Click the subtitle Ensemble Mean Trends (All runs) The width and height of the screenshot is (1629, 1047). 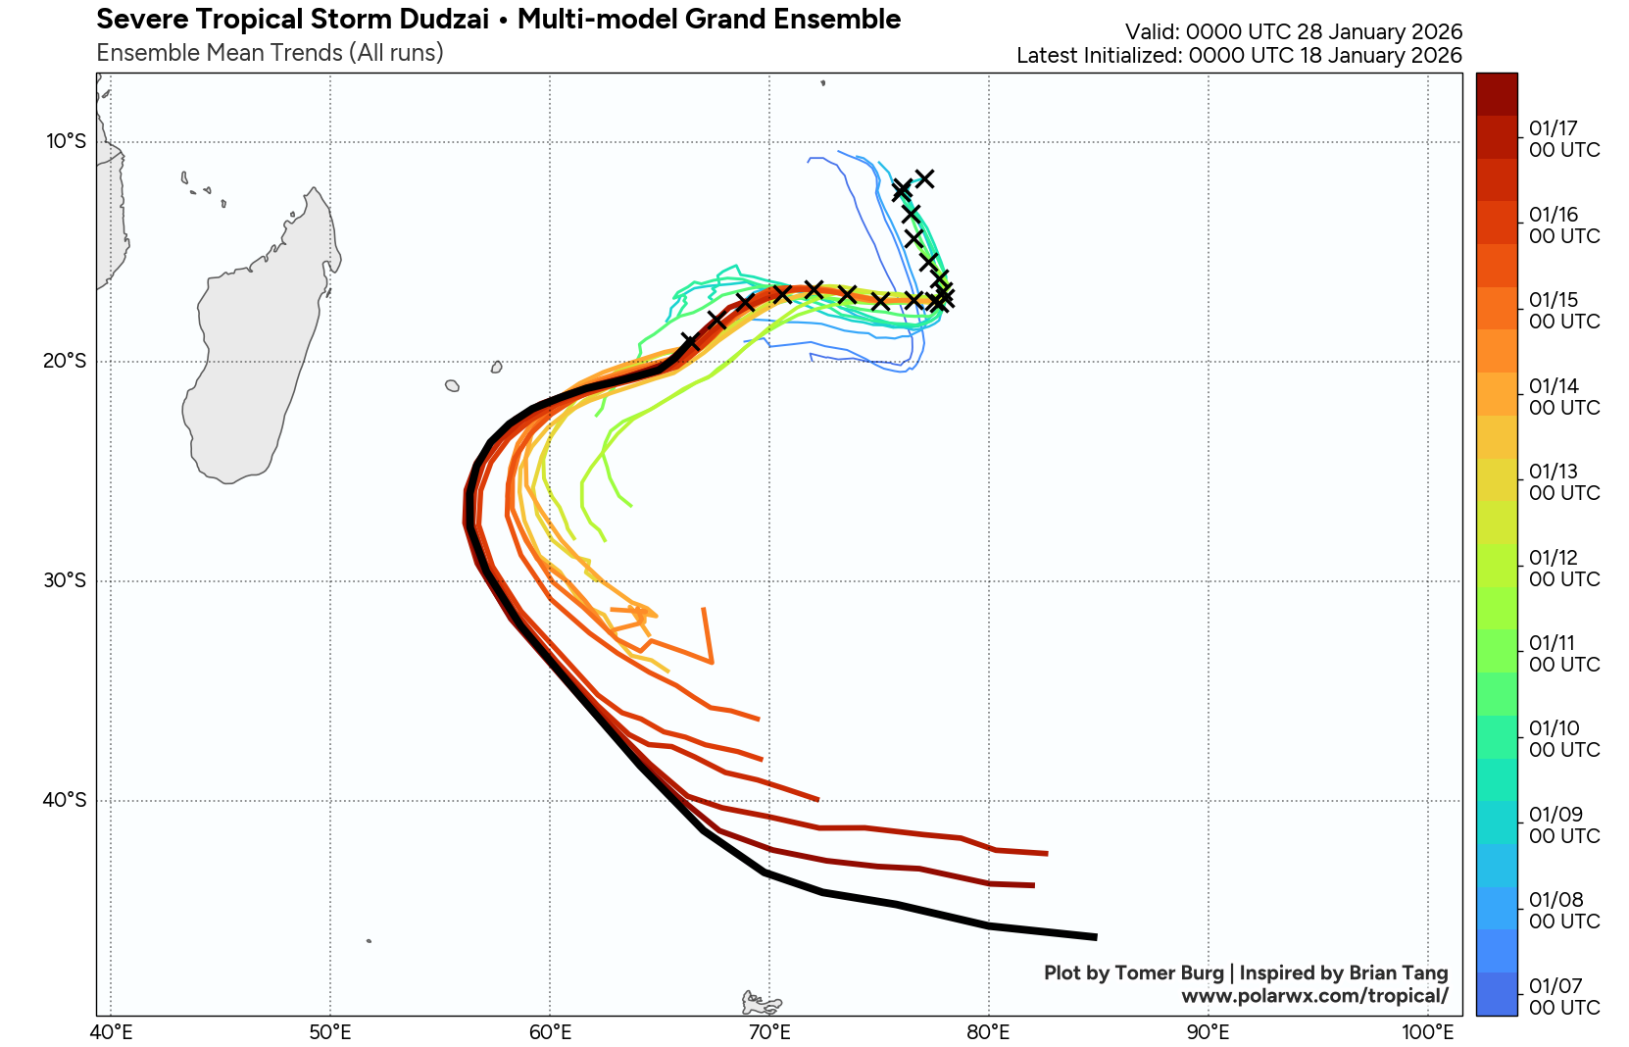270,53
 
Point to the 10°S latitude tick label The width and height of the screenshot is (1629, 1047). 67,142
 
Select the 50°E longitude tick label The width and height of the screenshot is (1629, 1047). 330,1032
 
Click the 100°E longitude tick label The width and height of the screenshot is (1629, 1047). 1427,1032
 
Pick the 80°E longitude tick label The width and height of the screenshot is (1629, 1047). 988,1032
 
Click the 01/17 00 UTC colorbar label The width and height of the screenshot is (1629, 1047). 1563,139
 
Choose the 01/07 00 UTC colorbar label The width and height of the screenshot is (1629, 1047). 1563,996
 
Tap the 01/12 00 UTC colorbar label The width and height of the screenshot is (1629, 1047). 1563,569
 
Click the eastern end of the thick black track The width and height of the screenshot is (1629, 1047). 1095,937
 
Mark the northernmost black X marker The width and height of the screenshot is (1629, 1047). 924,177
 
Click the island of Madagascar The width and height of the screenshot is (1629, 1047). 255,353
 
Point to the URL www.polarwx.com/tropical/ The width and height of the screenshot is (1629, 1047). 1314,996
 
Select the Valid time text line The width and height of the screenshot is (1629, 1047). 1293,32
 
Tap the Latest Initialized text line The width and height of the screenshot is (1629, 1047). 1239,56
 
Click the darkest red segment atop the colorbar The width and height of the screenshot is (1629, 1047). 1496,94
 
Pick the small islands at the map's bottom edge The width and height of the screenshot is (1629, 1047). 761,1003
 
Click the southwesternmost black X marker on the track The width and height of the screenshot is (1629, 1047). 690,342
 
